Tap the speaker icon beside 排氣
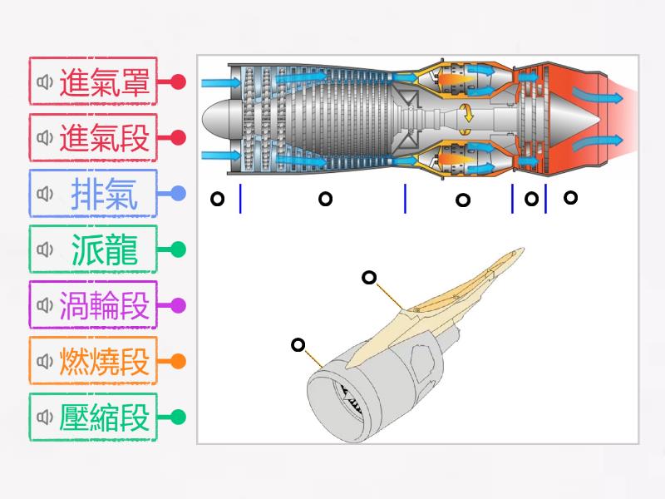point(45,194)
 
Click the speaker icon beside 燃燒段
point(45,362)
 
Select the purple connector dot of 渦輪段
point(177,305)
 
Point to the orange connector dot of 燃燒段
point(177,362)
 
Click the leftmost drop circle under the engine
point(217,199)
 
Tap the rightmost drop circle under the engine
point(570,197)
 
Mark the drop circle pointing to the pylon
point(369,278)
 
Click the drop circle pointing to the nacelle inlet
point(298,344)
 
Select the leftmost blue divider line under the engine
point(240,199)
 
